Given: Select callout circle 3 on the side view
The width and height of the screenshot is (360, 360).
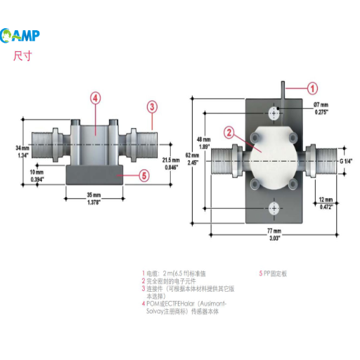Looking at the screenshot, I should click(x=152, y=107).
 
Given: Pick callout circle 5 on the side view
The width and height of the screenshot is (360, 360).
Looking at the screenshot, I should click(x=143, y=175).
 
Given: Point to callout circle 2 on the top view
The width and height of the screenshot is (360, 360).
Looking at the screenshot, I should click(x=229, y=131).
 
